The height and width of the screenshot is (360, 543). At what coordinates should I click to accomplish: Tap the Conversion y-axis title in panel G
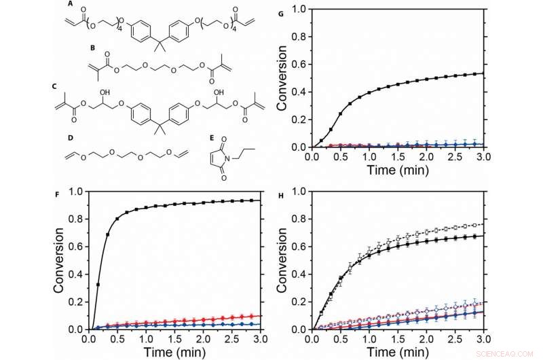(x=284, y=77)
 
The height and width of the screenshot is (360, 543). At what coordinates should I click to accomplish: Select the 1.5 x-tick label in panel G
(x=396, y=154)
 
